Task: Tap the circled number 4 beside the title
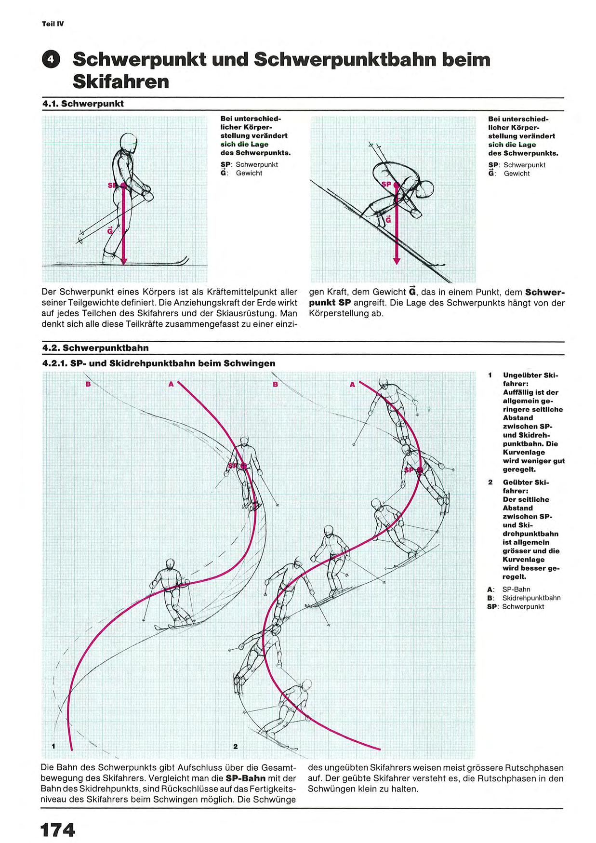51,60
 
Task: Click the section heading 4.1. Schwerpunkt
83,104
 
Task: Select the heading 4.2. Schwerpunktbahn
95,348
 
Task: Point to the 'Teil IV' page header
53,24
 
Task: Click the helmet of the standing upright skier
128,141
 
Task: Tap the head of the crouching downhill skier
426,188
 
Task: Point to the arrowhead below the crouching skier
397,260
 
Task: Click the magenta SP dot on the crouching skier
396,184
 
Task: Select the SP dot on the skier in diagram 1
244,466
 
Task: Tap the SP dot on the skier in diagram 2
420,470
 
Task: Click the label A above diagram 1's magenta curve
171,384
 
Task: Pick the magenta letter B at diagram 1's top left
88,384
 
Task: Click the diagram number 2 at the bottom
235,746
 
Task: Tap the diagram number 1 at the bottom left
53,746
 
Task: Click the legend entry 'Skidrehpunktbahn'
531,598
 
